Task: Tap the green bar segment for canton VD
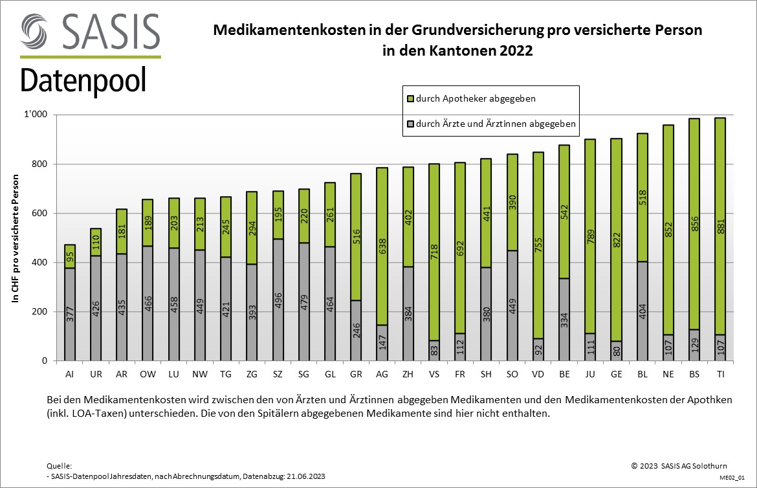click(x=538, y=245)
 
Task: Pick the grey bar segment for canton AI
click(x=69, y=314)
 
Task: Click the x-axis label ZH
click(x=408, y=374)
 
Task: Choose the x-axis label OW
click(x=148, y=374)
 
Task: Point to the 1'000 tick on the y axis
click(x=37, y=115)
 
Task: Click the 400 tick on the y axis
click(x=40, y=263)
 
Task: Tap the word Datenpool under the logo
click(x=83, y=81)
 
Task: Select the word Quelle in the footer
click(x=60, y=466)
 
